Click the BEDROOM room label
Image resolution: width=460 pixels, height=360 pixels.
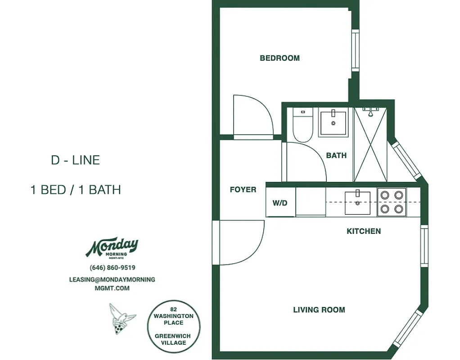(280, 58)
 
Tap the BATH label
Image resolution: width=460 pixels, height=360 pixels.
(336, 155)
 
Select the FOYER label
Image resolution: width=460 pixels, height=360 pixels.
(243, 189)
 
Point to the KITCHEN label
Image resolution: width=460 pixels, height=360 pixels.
(363, 231)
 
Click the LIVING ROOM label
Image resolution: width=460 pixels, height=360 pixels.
(319, 310)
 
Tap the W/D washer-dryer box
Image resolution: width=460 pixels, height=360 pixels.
(280, 202)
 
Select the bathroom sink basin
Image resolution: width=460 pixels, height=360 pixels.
(334, 122)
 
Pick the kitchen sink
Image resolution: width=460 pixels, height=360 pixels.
(357, 203)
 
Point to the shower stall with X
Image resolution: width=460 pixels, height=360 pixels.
(370, 144)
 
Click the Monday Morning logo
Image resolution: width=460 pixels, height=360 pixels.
(112, 247)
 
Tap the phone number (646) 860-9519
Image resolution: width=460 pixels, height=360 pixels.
(113, 267)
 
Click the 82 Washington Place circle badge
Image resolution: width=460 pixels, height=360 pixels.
(173, 326)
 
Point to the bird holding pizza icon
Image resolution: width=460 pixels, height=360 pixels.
(121, 319)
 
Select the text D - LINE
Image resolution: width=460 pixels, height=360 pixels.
(75, 160)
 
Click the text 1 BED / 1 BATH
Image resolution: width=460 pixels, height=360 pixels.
(76, 189)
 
